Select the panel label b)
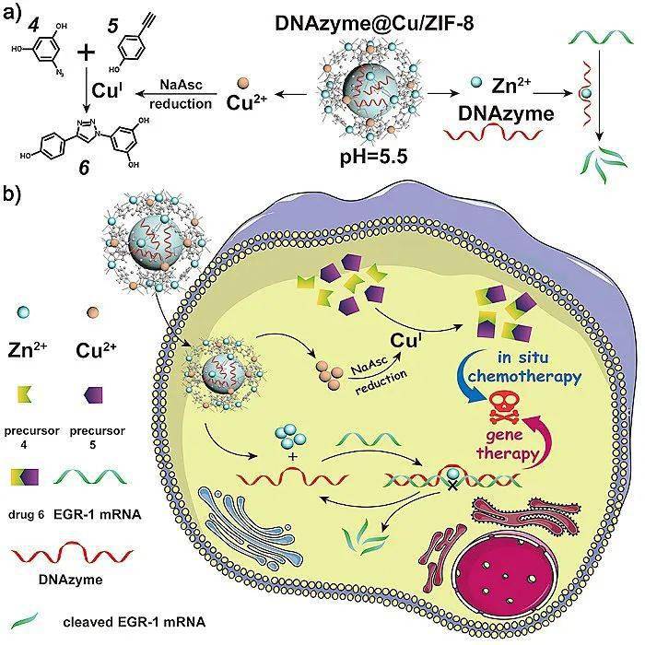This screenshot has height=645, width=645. (x=15, y=195)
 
